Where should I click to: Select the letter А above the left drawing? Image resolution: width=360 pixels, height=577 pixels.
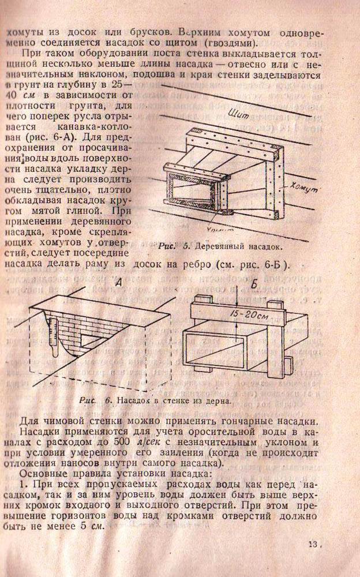coord(118,283)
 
